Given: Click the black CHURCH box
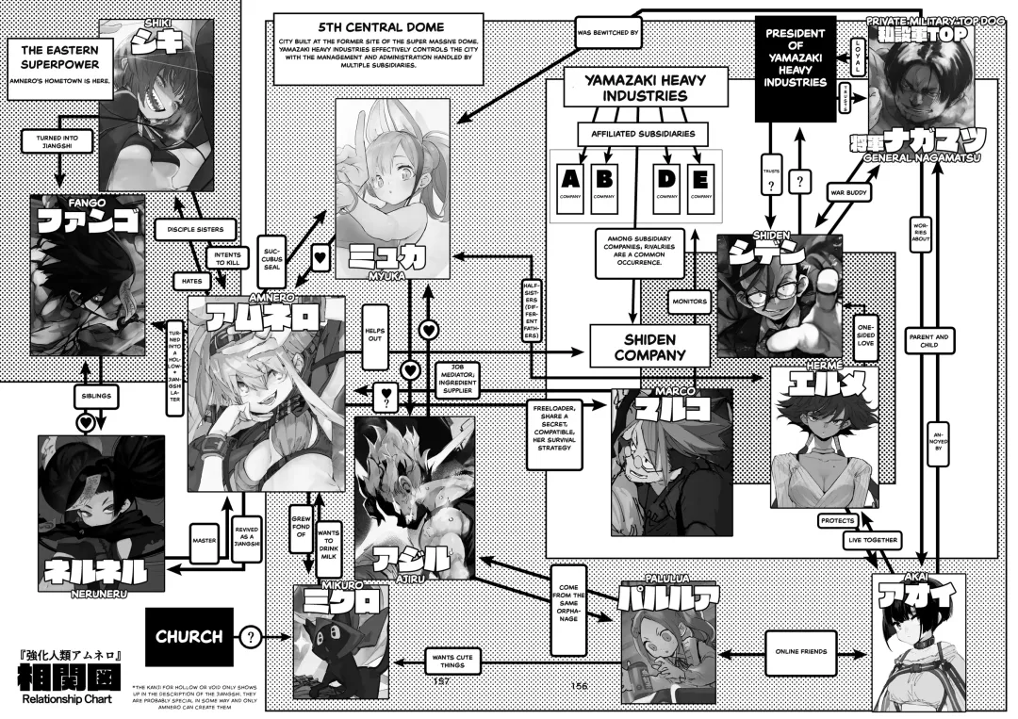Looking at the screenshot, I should pyautogui.click(x=189, y=636).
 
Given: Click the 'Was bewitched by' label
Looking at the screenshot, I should pyautogui.click(x=608, y=35).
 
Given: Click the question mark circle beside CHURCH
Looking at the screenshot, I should pyautogui.click(x=250, y=637).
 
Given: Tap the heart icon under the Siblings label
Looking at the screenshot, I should pyautogui.click(x=85, y=424).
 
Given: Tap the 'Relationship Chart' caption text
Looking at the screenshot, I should pyautogui.click(x=65, y=698).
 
